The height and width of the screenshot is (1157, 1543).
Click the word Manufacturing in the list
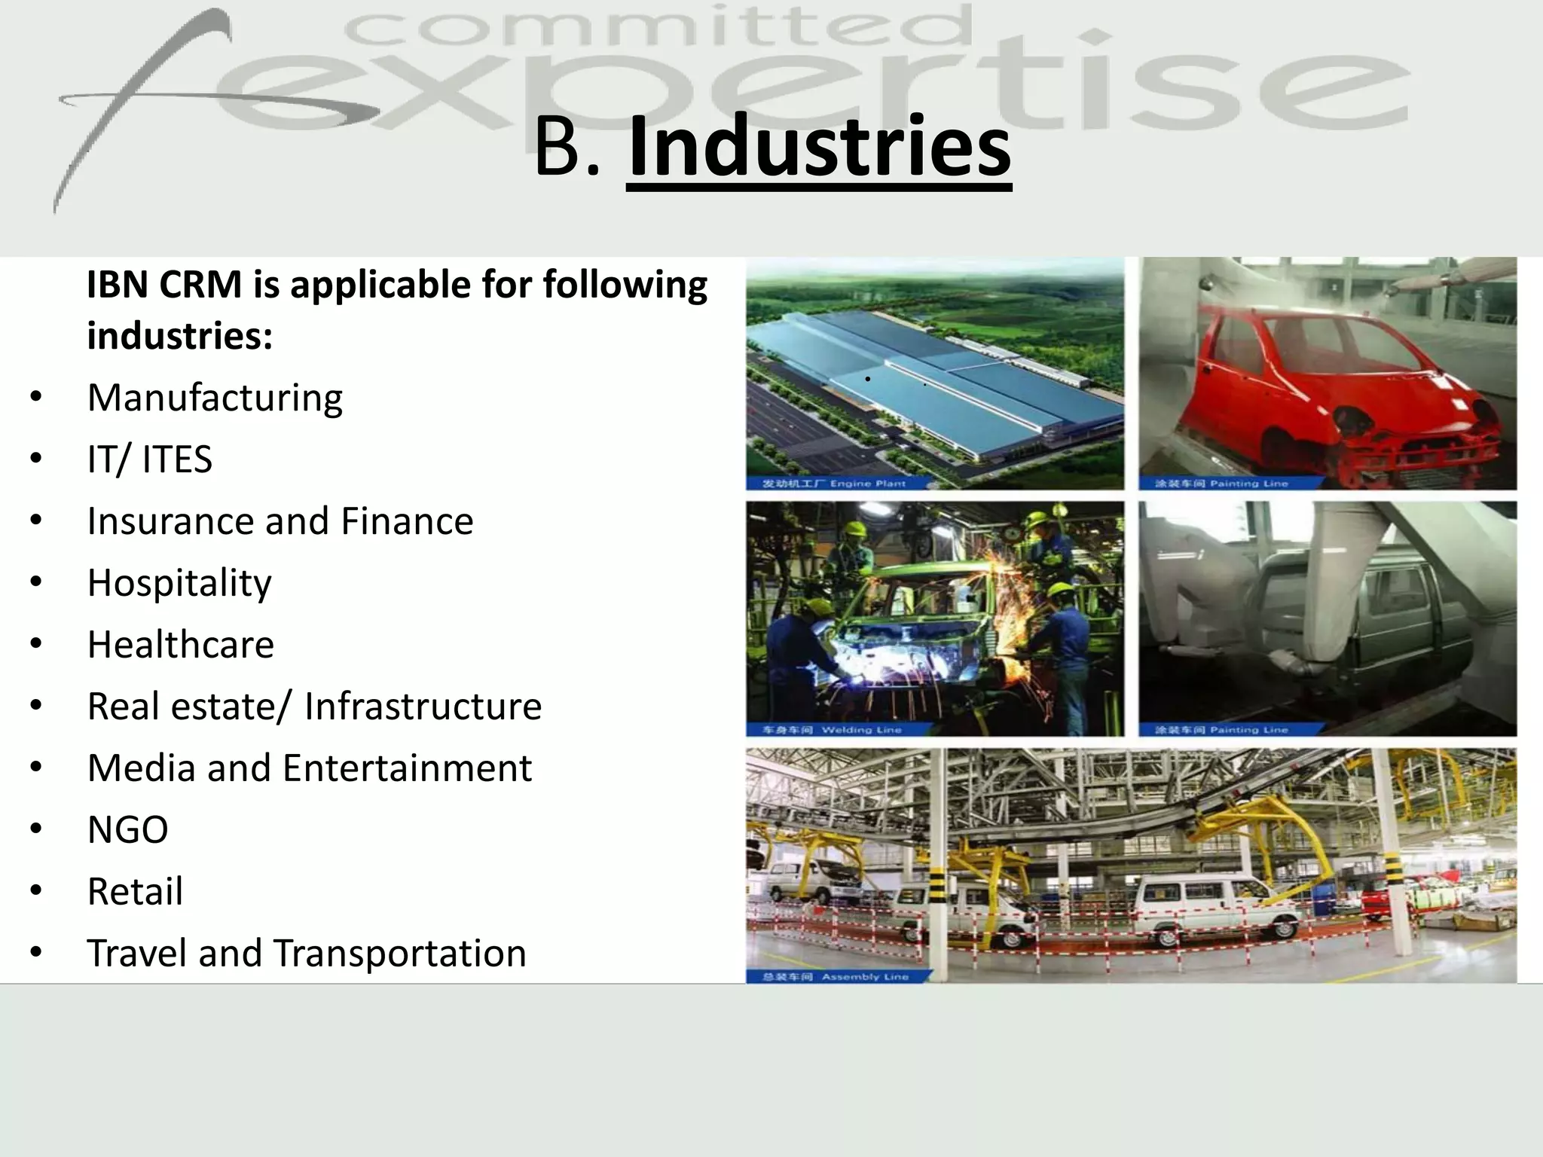215,398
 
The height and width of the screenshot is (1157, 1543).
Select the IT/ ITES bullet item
149,459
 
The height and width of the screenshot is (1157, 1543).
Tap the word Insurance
170,521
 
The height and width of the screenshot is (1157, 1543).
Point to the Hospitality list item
179,583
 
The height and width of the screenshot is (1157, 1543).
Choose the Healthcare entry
180,645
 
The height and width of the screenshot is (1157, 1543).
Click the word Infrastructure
423,707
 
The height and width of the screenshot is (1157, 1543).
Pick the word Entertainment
408,768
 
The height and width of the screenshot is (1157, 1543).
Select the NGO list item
127,830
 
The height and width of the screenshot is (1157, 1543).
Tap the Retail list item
135,892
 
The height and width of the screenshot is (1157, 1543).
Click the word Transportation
399,954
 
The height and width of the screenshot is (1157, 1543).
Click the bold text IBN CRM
164,285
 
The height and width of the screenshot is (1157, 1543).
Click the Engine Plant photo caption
867,484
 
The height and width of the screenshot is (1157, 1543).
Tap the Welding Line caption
860,729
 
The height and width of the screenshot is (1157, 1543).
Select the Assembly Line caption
864,977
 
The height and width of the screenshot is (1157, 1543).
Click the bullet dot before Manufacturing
36,398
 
